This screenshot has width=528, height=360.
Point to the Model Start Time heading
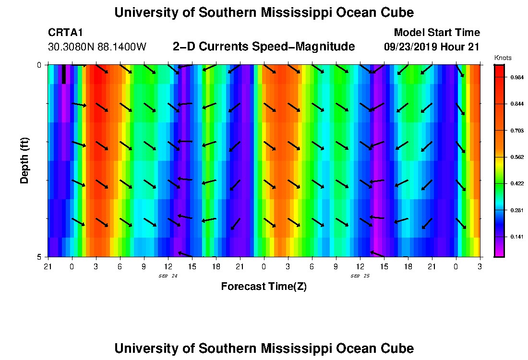[x=436, y=33]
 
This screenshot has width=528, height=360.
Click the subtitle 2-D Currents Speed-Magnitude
[x=264, y=47]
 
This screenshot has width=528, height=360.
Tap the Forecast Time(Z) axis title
[x=264, y=287]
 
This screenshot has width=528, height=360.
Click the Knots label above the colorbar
[x=503, y=58]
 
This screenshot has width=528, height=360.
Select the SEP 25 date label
[x=360, y=276]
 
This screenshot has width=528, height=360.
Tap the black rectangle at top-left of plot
[x=64, y=74]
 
